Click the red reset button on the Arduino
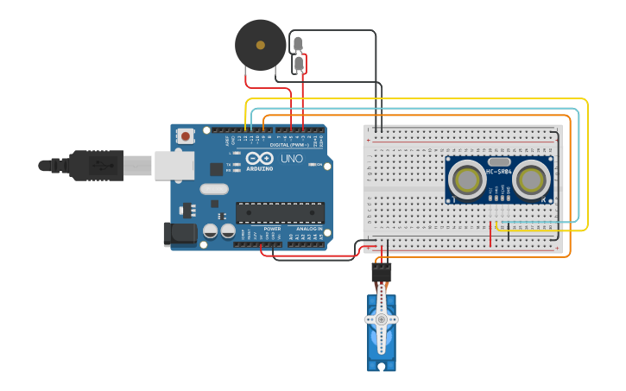coord(186,136)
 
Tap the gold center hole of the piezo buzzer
coord(260,45)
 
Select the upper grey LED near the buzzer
coord(299,44)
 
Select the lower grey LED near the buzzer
coord(299,64)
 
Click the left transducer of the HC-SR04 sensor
coord(467,180)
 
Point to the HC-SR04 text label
coord(499,171)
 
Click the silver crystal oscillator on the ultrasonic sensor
coord(499,161)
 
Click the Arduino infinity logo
coord(259,159)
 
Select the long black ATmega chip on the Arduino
coord(280,212)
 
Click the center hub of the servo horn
coord(381,319)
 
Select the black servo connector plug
coord(381,272)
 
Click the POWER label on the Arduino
coord(272,229)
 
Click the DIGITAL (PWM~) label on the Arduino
coord(291,144)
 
